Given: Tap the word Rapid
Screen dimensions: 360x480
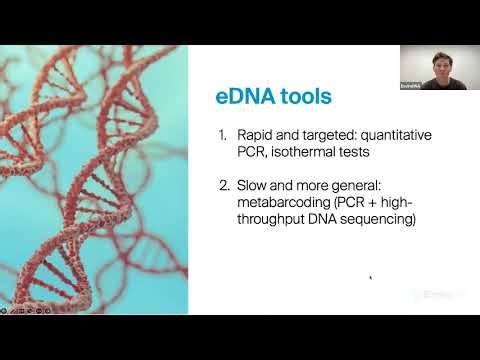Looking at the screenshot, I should pos(255,135).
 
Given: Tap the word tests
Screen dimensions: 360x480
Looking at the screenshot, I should pos(361,152).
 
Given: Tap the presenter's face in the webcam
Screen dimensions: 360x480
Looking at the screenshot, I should pos(439,62).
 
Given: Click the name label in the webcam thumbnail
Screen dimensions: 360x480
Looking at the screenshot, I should pos(410,87).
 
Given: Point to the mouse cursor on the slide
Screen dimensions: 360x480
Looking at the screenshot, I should pos(371,278).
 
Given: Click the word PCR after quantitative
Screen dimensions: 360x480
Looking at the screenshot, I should pos(252,152).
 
